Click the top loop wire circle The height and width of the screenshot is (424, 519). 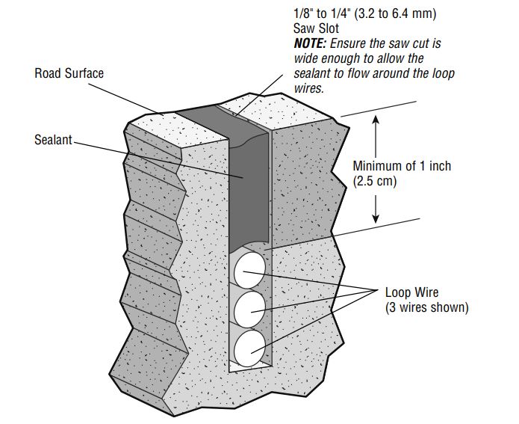(249, 270)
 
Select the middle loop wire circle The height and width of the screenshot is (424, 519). (249, 310)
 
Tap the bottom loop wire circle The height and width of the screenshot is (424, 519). (249, 348)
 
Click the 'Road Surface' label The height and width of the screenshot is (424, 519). (69, 73)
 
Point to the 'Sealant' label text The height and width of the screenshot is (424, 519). (53, 140)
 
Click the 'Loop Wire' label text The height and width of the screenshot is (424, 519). (411, 292)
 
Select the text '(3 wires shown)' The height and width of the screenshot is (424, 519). (427, 307)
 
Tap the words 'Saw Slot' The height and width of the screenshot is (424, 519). (316, 28)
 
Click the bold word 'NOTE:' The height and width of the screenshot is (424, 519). (310, 43)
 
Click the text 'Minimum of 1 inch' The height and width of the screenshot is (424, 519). (402, 166)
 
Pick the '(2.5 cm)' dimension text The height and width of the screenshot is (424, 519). (375, 181)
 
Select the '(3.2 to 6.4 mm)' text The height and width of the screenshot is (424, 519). (395, 13)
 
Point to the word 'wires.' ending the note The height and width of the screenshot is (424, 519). (308, 88)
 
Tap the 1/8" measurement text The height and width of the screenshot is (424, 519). (304, 13)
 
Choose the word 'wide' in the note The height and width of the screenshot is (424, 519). (306, 58)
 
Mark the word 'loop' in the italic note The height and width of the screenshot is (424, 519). (443, 74)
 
